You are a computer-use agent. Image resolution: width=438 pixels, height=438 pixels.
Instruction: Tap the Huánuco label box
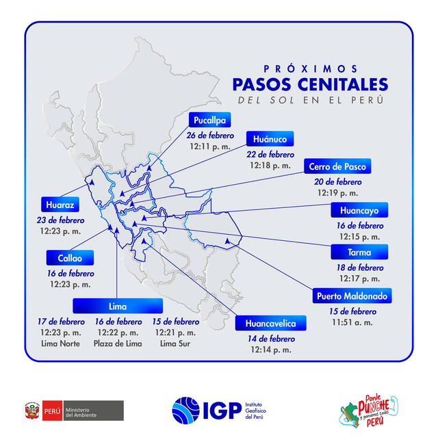coord(270,138)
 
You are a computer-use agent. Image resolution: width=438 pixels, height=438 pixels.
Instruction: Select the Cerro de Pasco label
coord(337,166)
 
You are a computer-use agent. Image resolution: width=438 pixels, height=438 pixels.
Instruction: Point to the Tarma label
coord(359,252)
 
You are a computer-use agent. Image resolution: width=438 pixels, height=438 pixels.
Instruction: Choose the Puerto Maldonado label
coord(352,296)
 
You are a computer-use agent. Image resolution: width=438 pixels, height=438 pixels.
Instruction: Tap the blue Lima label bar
coord(118,306)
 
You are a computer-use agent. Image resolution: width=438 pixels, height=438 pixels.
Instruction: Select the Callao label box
coord(70,258)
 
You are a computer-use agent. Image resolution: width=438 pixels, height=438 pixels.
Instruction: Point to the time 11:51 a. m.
coord(352,322)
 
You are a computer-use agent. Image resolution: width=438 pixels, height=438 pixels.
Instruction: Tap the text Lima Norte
coord(60,344)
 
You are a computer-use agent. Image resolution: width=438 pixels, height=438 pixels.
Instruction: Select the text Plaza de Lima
coord(118,344)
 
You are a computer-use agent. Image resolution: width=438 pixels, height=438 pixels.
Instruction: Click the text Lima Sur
coord(177,344)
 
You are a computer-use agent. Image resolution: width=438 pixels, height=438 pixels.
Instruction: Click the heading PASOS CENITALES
coord(310,84)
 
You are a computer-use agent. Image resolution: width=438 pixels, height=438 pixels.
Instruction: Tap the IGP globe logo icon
coord(187,411)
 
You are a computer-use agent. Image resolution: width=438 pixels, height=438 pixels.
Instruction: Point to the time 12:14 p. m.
coord(272,349)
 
